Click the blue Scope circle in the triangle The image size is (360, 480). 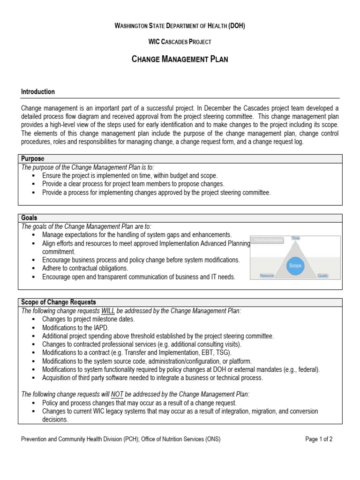tap(295, 265)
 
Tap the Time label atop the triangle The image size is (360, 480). tap(295, 239)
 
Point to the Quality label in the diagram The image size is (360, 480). tap(322, 277)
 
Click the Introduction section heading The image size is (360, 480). tap(38, 92)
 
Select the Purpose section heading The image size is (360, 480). tap(33, 159)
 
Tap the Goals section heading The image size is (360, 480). tap(30, 218)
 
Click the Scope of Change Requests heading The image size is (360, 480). tap(59, 301)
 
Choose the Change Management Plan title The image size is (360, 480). tap(180, 60)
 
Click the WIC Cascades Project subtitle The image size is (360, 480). tap(180, 42)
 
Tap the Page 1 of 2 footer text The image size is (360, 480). tap(319, 439)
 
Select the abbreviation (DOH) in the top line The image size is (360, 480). tap(236, 26)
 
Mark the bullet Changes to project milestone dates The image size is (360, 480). tap(88, 319)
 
